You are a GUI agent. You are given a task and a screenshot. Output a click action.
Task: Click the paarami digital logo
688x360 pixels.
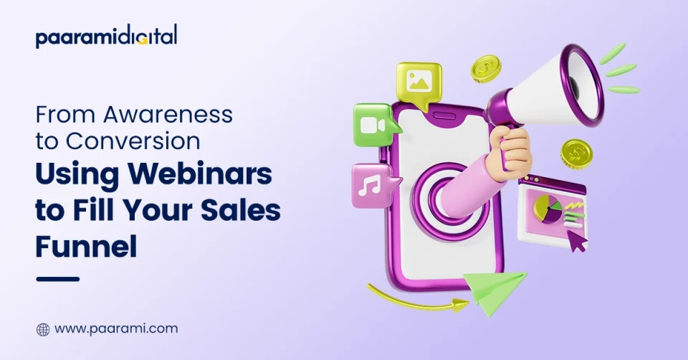pos(107,37)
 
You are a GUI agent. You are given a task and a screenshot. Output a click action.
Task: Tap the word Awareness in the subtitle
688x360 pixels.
pos(168,115)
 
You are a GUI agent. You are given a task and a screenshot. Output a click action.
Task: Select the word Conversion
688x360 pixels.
pos(133,141)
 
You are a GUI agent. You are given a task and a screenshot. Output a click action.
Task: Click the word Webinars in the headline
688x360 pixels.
pos(200,174)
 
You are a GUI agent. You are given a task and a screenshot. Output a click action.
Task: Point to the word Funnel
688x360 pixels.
pos(86,245)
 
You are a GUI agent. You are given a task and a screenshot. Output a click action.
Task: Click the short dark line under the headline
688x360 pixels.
pos(57,279)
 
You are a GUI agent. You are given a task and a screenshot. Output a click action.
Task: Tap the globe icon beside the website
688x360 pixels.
pos(43,329)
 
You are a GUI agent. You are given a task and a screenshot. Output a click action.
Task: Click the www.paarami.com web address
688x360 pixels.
pos(116,329)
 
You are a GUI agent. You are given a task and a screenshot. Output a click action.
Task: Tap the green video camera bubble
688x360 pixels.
pos(376,125)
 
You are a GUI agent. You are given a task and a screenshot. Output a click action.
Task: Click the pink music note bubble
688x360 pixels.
pos(374,185)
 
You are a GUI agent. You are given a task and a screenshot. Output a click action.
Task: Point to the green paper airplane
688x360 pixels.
pos(496,291)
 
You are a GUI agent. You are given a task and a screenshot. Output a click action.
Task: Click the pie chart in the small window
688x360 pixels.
pos(548,209)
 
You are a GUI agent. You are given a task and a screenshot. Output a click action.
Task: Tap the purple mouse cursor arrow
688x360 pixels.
pos(576,240)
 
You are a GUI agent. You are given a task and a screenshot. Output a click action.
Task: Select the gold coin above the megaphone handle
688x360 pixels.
pos(486,69)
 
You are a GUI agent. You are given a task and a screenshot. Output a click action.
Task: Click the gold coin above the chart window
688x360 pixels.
pos(576,154)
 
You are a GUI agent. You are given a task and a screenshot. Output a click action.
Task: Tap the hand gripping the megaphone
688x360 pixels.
pos(510,150)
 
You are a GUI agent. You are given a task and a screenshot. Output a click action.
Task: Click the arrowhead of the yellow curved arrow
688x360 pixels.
pos(461,305)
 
